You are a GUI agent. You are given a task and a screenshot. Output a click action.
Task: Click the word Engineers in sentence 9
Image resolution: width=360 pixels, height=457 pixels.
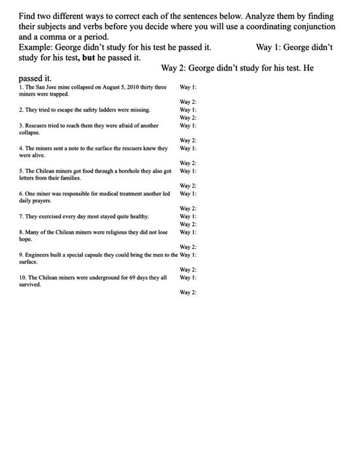click(x=39, y=255)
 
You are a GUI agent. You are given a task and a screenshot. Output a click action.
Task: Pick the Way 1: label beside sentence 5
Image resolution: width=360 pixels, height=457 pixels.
click(x=188, y=171)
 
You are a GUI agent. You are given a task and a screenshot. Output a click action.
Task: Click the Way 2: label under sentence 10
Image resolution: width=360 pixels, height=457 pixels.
click(x=188, y=292)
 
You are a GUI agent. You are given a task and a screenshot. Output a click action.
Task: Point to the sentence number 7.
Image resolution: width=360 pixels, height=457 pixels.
click(x=21, y=217)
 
